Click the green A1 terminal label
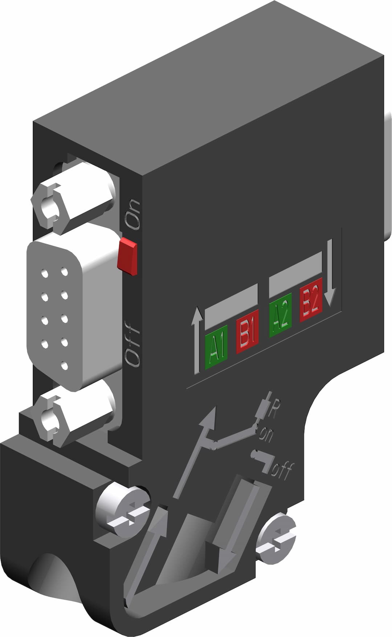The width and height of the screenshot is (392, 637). pos(216,347)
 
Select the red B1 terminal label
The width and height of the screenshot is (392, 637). pos(247,331)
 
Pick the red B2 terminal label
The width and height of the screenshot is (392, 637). pos(311,299)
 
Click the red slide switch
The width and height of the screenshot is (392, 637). pos(127,256)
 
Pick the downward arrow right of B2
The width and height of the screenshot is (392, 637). pos(330,272)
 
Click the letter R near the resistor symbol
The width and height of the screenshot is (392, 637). pos(275,409)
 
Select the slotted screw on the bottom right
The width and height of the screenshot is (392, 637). pos(276,538)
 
